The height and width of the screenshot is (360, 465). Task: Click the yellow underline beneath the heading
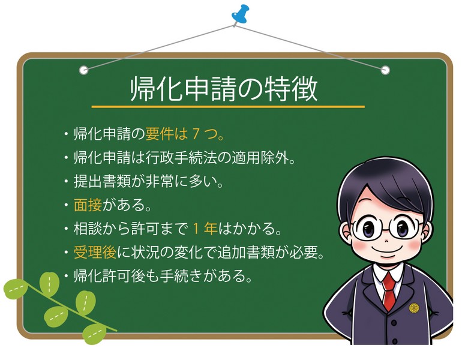(x=227, y=107)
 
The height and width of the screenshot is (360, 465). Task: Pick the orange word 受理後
(x=95, y=253)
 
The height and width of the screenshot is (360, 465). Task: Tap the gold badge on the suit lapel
(x=414, y=308)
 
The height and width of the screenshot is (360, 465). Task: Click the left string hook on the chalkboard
(x=84, y=70)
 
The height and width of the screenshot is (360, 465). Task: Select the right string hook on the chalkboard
(x=385, y=70)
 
